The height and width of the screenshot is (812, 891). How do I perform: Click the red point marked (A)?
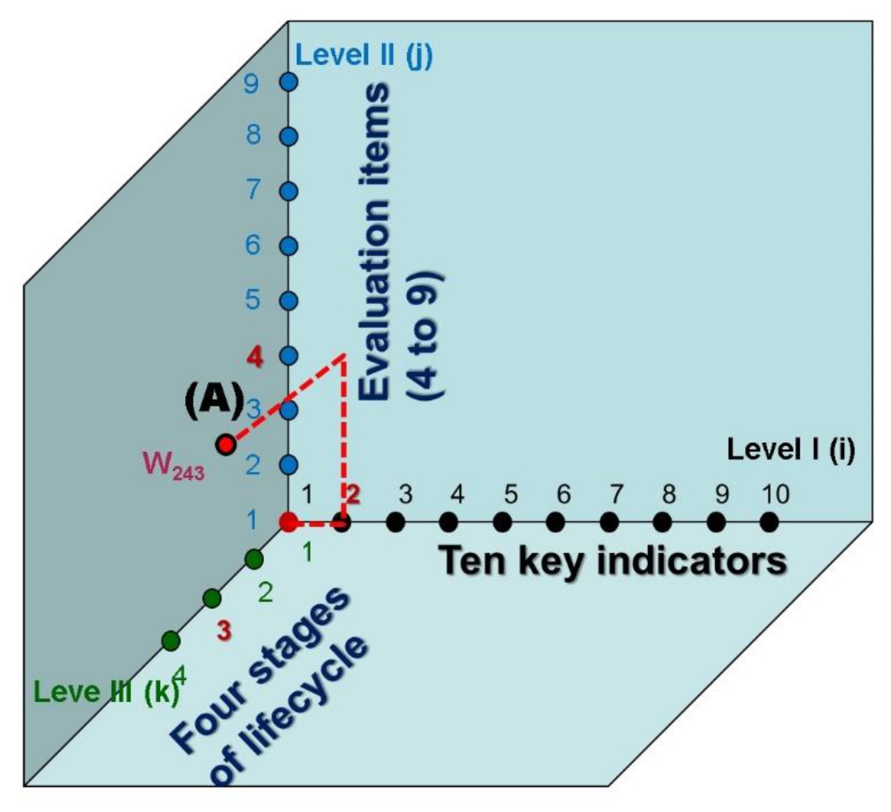pyautogui.click(x=226, y=444)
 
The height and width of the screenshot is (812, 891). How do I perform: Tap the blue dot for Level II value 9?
pyautogui.click(x=289, y=82)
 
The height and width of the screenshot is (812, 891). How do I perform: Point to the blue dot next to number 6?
pyautogui.click(x=289, y=246)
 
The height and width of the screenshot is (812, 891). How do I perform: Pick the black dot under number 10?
pyautogui.click(x=769, y=522)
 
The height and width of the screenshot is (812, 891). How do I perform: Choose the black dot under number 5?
pyautogui.click(x=502, y=522)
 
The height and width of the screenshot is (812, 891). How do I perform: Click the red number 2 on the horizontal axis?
pyautogui.click(x=353, y=494)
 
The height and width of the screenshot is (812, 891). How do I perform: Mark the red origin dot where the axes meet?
pyautogui.click(x=289, y=522)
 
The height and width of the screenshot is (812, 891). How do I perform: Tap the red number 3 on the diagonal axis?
pyautogui.click(x=224, y=630)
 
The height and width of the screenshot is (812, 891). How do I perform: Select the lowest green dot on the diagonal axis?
pyautogui.click(x=172, y=640)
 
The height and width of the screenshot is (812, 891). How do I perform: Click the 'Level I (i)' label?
pyautogui.click(x=791, y=450)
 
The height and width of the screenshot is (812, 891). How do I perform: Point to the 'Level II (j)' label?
pyautogui.click(x=364, y=56)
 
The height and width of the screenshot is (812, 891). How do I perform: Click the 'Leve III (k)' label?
pyautogui.click(x=106, y=692)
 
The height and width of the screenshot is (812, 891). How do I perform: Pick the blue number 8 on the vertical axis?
pyautogui.click(x=253, y=134)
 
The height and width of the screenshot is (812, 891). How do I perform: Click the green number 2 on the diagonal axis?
pyautogui.click(x=265, y=593)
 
